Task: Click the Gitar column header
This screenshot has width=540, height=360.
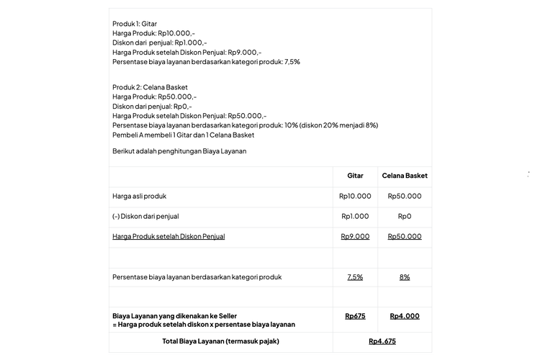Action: pyautogui.click(x=355, y=176)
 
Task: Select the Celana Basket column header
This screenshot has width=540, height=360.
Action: pyautogui.click(x=405, y=176)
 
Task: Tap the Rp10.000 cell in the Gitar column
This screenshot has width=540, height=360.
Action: pyautogui.click(x=355, y=196)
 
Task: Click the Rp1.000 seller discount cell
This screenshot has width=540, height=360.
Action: pyautogui.click(x=355, y=216)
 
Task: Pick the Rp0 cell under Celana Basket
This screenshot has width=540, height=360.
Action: pyautogui.click(x=405, y=216)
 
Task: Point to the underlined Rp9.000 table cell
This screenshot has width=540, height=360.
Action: pyautogui.click(x=355, y=236)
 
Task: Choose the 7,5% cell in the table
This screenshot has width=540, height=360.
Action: pyautogui.click(x=355, y=276)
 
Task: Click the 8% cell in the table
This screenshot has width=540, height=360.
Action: pyautogui.click(x=405, y=276)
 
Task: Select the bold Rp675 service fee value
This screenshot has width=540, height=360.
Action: pyautogui.click(x=355, y=315)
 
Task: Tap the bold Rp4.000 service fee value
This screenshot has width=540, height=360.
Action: pyautogui.click(x=405, y=315)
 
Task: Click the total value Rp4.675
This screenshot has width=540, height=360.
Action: pyautogui.click(x=382, y=341)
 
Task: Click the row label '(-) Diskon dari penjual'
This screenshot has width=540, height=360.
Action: pyautogui.click(x=145, y=216)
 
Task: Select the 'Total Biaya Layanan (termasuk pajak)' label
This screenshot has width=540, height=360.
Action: pyautogui.click(x=220, y=341)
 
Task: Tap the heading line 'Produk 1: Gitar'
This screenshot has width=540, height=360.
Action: pyautogui.click(x=135, y=24)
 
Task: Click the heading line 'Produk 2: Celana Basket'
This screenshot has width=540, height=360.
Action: pyautogui.click(x=150, y=87)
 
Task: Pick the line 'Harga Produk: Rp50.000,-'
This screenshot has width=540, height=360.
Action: pyautogui.click(x=154, y=96)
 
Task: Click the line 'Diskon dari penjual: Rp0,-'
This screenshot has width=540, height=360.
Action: pyautogui.click(x=152, y=106)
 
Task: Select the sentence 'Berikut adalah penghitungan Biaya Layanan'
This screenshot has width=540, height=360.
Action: pyautogui.click(x=179, y=151)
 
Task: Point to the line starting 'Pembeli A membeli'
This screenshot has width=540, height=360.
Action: pyautogui.click(x=183, y=135)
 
